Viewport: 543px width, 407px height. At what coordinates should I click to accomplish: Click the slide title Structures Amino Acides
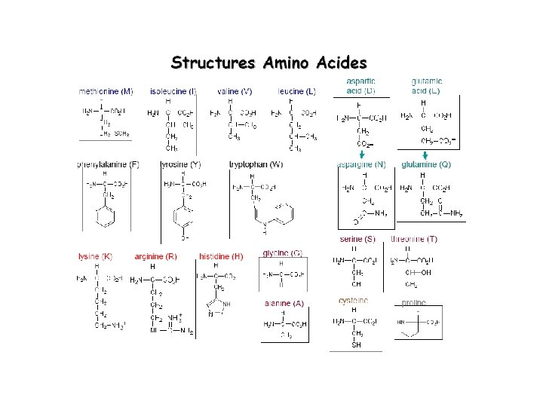click(x=269, y=62)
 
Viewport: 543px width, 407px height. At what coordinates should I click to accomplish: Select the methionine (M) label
click(x=106, y=91)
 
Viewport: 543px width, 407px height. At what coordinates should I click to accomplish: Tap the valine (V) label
click(x=234, y=91)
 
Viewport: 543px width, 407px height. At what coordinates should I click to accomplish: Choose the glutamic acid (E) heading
click(x=426, y=86)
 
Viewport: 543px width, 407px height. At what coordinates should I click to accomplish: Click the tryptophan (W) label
click(x=256, y=164)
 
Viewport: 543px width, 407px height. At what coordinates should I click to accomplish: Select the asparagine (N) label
click(x=361, y=164)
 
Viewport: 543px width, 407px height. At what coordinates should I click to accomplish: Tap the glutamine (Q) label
click(x=426, y=164)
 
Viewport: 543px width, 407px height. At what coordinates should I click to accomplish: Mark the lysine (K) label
click(x=96, y=256)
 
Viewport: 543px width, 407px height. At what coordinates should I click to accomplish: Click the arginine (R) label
click(x=156, y=256)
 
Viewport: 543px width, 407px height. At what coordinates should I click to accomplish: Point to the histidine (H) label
click(x=221, y=256)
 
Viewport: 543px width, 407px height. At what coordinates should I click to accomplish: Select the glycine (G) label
click(x=283, y=252)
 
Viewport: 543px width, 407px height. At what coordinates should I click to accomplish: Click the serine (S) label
click(x=359, y=240)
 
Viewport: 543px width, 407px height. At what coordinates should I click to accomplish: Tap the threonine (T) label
click(x=414, y=240)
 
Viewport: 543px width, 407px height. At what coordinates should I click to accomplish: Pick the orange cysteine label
click(x=353, y=301)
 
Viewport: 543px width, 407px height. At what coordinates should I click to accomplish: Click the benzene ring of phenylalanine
click(x=105, y=216)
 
